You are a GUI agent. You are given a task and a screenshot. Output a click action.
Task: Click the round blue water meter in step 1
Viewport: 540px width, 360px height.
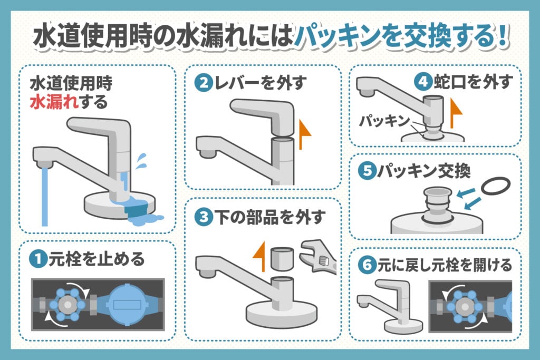[129, 304]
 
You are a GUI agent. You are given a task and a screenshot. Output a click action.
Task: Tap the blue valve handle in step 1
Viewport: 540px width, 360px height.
[65, 304]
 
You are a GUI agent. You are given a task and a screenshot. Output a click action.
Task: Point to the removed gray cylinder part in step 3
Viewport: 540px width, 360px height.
[281, 259]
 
